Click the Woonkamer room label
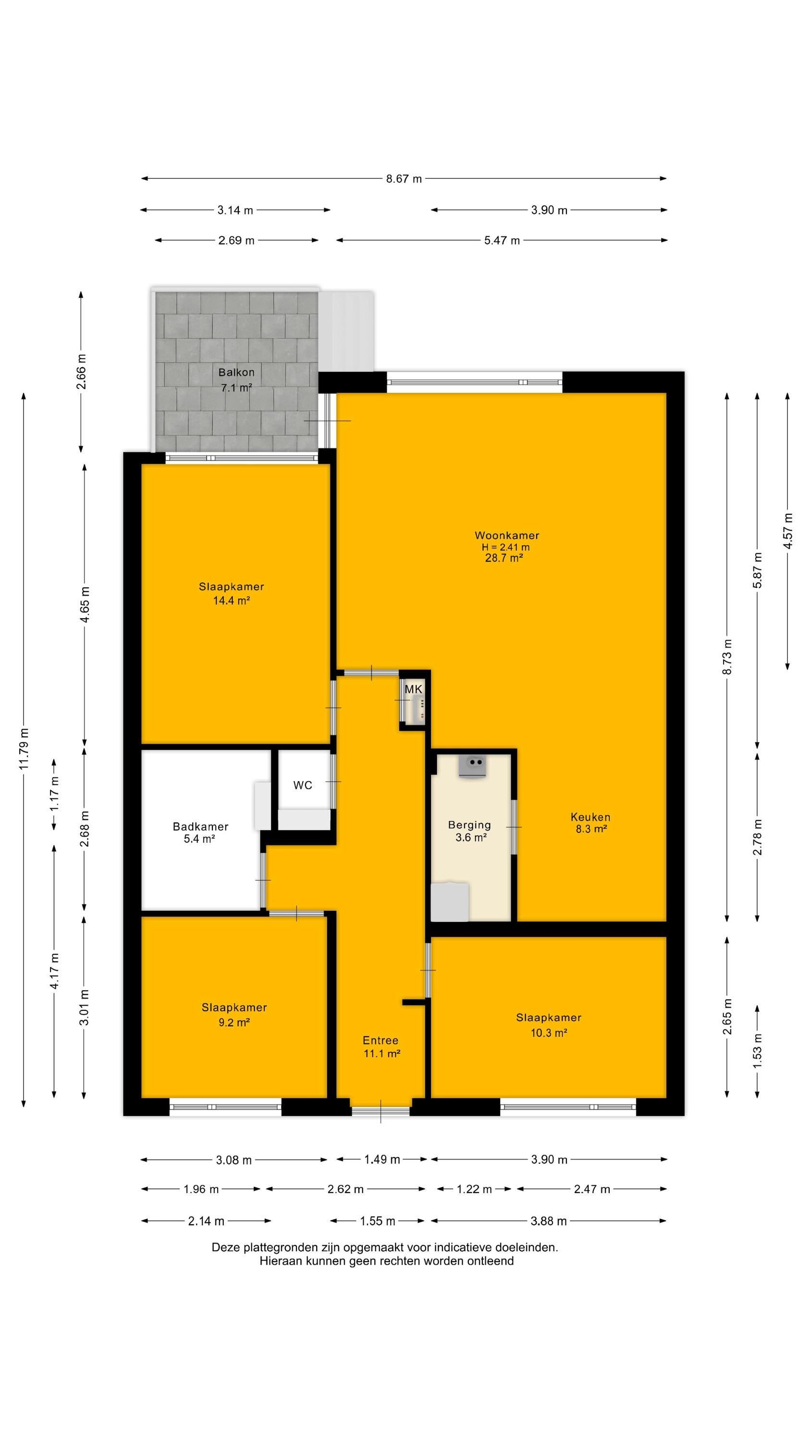pyautogui.click(x=506, y=535)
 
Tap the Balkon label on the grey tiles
pyautogui.click(x=236, y=372)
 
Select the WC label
pyautogui.click(x=303, y=785)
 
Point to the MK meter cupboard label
pyautogui.click(x=414, y=689)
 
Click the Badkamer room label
pyautogui.click(x=200, y=826)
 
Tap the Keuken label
pyautogui.click(x=590, y=817)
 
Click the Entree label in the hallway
pyautogui.click(x=381, y=1040)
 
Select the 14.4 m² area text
pyautogui.click(x=231, y=601)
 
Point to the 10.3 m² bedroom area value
pyautogui.click(x=549, y=1033)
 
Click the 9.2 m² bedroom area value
pyautogui.click(x=234, y=1022)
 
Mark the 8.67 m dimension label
pyautogui.click(x=404, y=179)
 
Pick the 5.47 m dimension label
pyautogui.click(x=502, y=241)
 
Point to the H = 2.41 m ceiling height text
pyautogui.click(x=505, y=547)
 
